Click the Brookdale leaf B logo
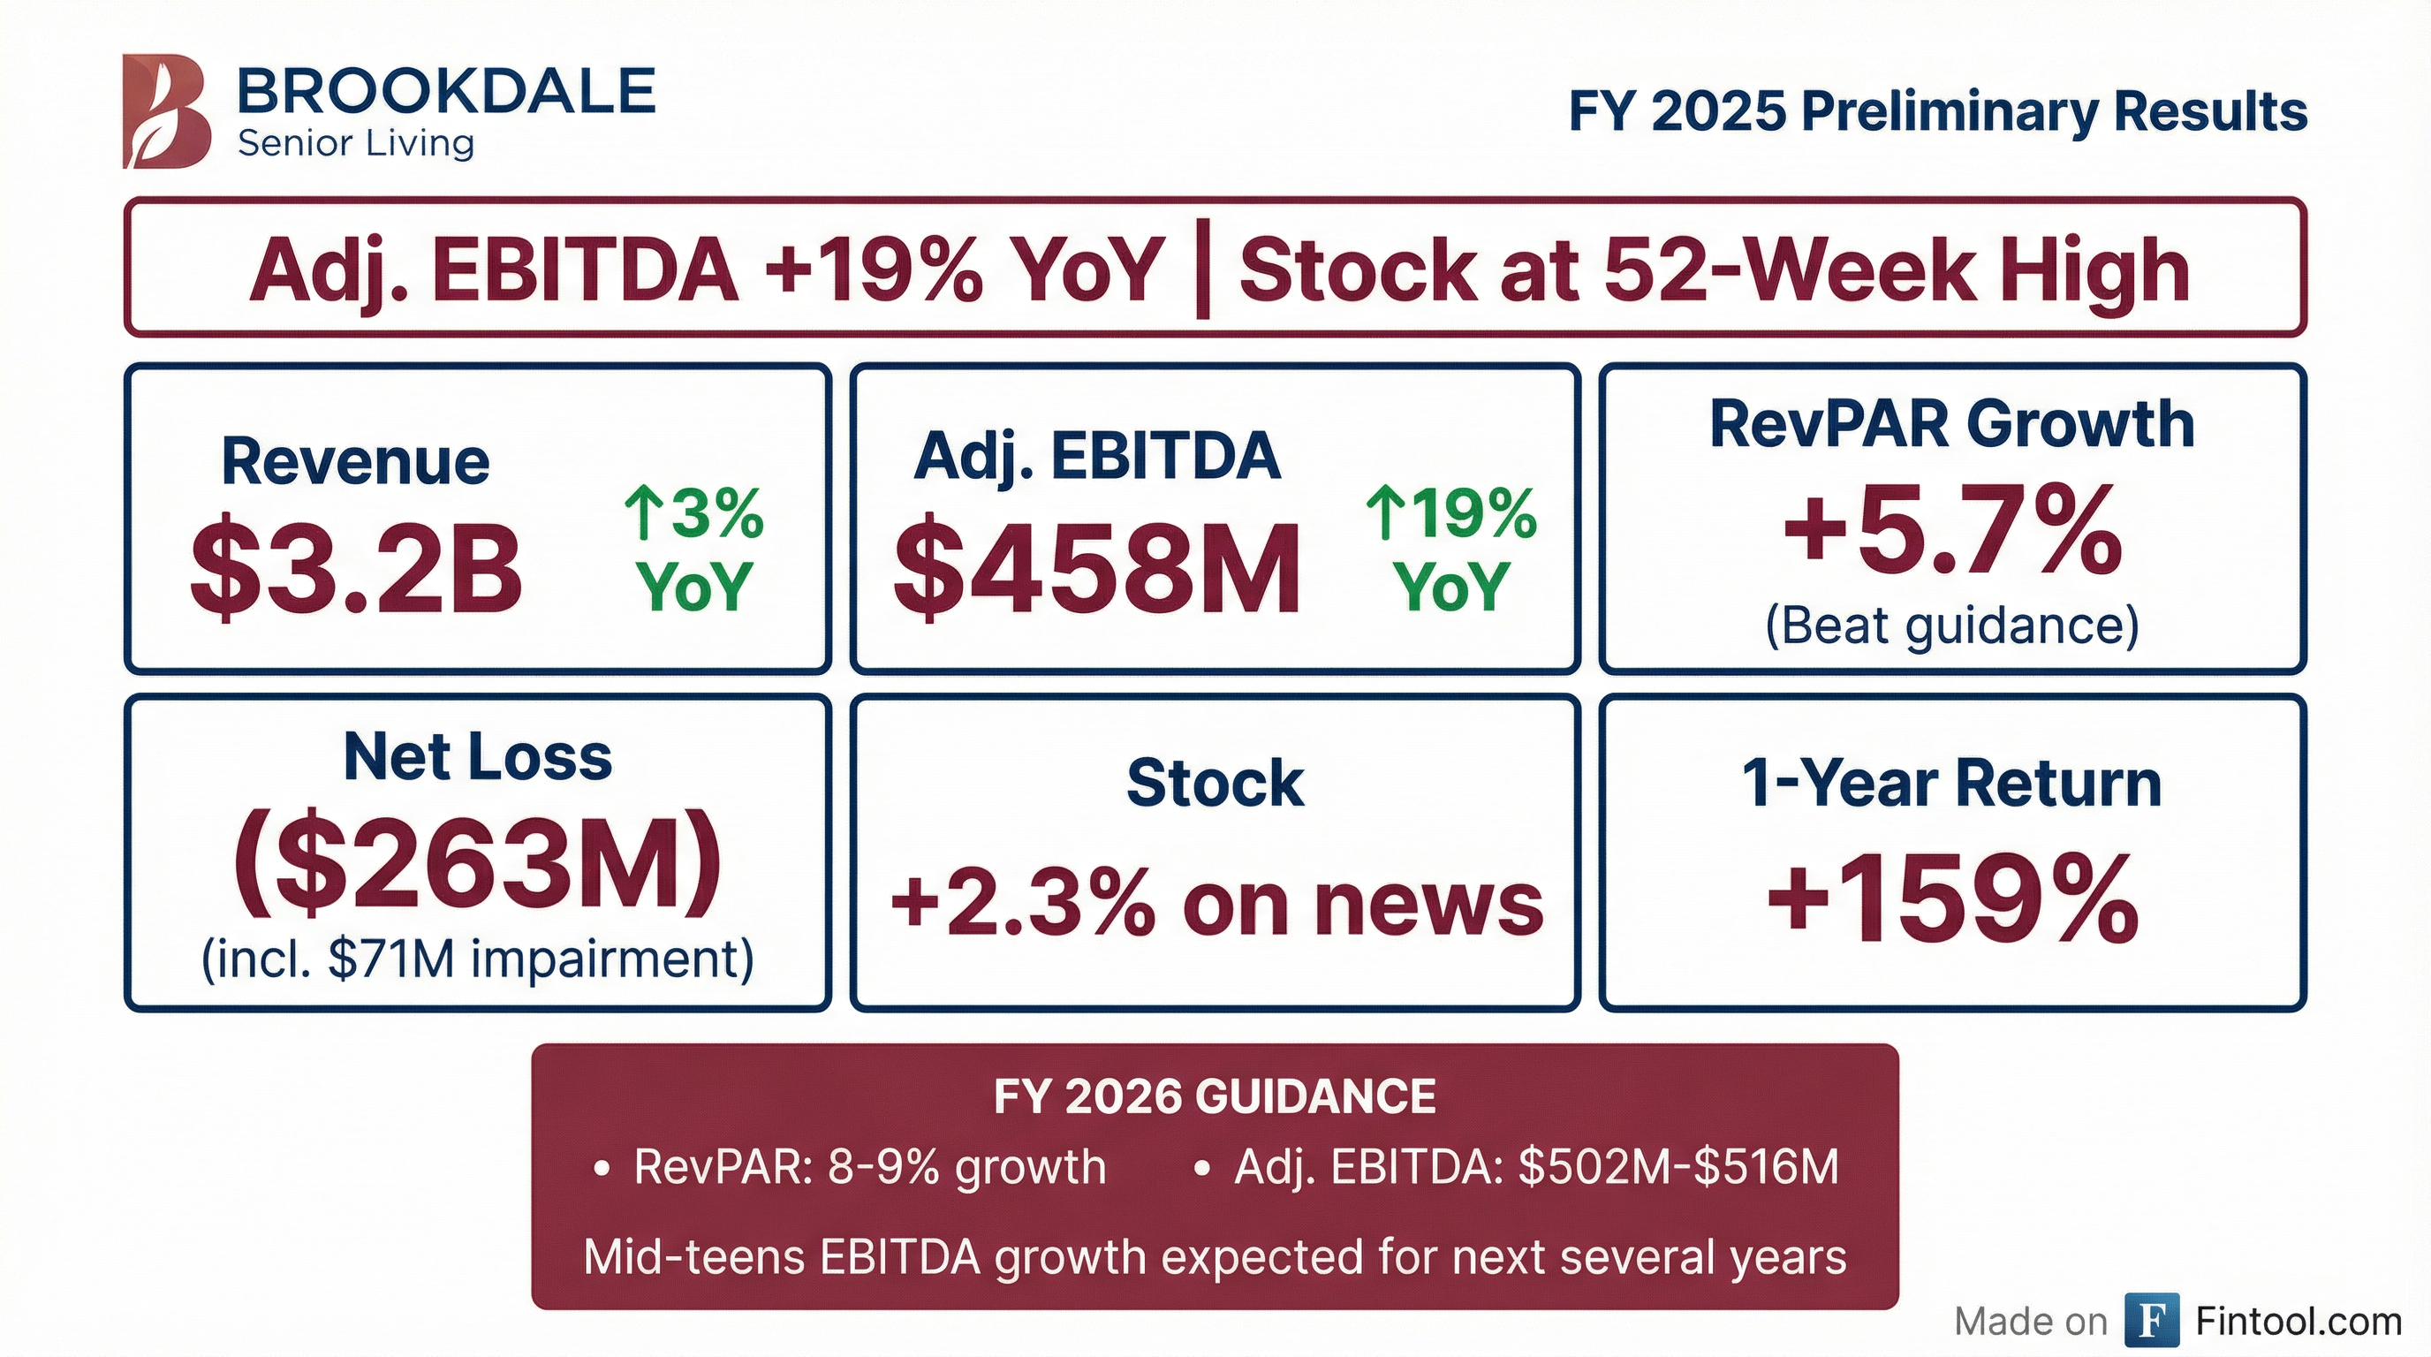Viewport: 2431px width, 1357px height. tap(166, 111)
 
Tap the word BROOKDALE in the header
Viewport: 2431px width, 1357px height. tap(445, 93)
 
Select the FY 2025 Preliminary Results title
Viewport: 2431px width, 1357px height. tap(1937, 111)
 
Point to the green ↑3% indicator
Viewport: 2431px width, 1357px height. tap(693, 514)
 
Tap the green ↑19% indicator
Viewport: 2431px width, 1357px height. tap(1451, 514)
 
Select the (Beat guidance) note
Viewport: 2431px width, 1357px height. tap(1951, 625)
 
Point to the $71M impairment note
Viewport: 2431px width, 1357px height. tap(478, 959)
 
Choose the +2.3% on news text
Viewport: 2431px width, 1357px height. tap(1215, 903)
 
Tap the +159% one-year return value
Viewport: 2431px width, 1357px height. tap(1951, 898)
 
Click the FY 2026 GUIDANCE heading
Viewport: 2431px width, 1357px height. tap(1215, 1096)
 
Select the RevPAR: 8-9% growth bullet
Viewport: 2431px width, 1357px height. tap(869, 1167)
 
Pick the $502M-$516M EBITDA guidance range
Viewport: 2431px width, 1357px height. tap(1677, 1167)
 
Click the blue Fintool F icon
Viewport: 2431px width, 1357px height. tap(2152, 1320)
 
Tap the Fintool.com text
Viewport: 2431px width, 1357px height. tap(2298, 1321)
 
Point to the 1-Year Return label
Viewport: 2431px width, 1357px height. tap(1951, 784)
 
